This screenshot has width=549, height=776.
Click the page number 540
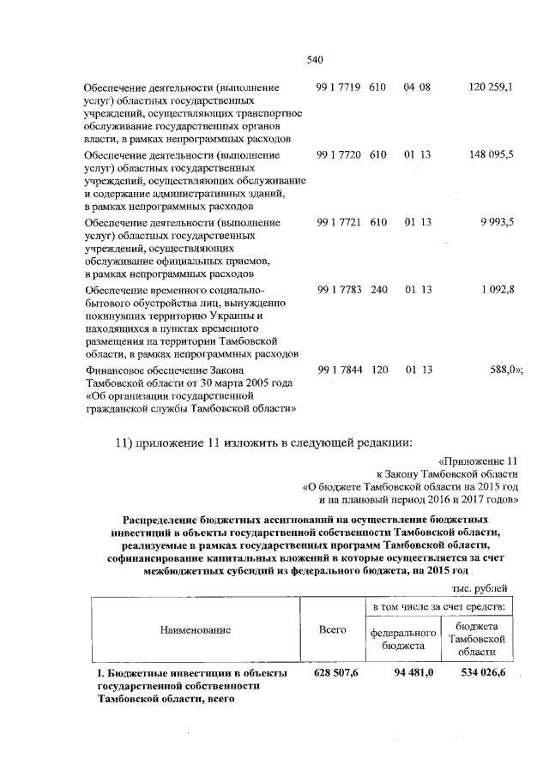click(x=313, y=59)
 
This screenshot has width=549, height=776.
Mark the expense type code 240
click(x=379, y=289)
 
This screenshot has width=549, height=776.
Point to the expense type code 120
click(x=379, y=370)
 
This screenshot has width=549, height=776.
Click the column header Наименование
click(x=196, y=629)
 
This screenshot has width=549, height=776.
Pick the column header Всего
click(x=332, y=629)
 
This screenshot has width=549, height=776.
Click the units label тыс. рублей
click(x=479, y=587)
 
